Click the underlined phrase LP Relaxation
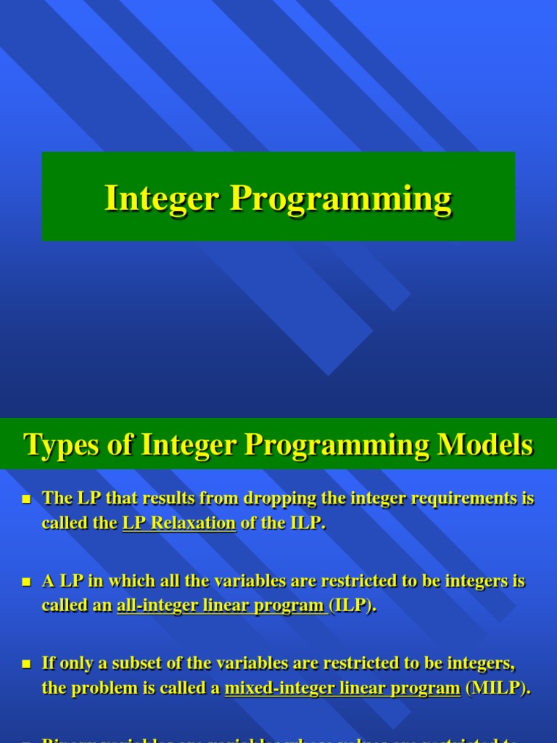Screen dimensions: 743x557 point(179,523)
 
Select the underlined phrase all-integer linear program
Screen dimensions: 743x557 point(221,606)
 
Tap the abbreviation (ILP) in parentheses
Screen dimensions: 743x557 point(353,606)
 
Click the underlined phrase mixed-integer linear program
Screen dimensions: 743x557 point(342,688)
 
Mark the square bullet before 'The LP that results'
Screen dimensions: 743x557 point(27,499)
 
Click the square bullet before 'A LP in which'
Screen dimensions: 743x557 point(27,582)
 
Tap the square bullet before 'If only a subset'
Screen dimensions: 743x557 point(27,664)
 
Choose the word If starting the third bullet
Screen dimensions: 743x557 point(49,663)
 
